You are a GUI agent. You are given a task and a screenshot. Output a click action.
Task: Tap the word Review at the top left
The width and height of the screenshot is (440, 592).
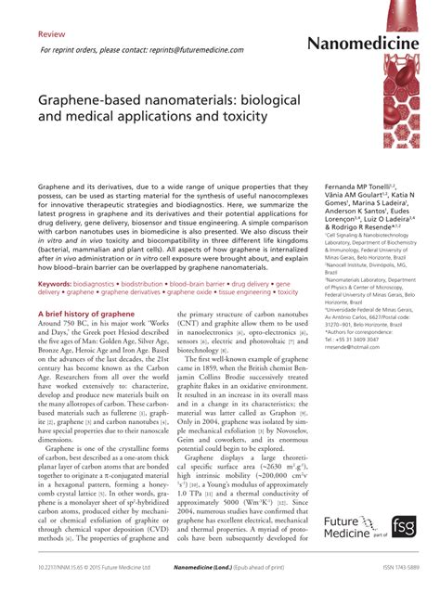[x=51, y=31]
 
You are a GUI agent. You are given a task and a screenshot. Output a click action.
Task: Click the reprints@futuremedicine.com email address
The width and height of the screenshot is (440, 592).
[x=199, y=50]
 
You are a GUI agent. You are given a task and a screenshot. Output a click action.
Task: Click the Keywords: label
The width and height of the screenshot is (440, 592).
[x=61, y=282]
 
